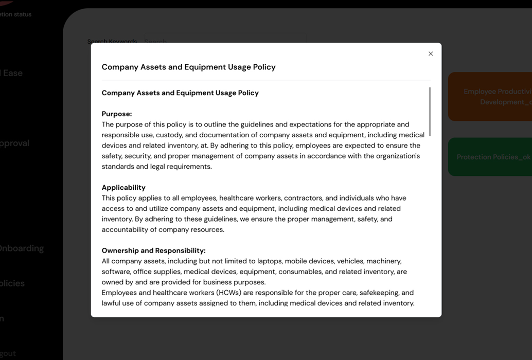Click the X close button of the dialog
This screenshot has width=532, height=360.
[x=431, y=53]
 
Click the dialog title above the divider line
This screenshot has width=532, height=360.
[x=188, y=67]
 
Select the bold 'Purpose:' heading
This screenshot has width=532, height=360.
[x=117, y=114]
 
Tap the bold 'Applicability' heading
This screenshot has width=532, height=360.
[x=123, y=187]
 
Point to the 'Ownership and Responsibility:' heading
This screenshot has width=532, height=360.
[x=153, y=250]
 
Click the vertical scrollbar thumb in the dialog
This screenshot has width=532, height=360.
[x=430, y=112]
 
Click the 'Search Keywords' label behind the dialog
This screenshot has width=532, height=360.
[x=112, y=41]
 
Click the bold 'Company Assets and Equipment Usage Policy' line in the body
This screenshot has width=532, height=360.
[x=180, y=93]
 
